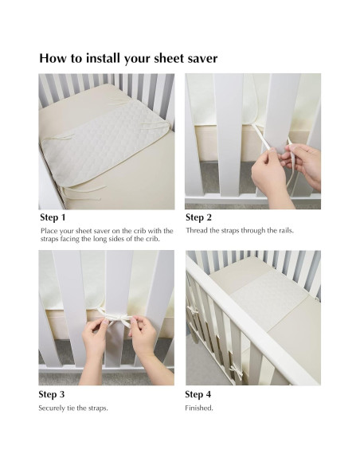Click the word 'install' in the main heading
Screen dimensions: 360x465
[104, 58]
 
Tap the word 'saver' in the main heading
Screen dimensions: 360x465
[202, 58]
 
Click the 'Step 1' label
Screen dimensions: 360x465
[53, 217]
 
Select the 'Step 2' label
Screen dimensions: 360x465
[198, 217]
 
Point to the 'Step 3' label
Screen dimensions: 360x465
[51, 394]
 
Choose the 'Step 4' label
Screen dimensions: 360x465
[198, 394]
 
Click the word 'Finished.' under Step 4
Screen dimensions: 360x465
[199, 408]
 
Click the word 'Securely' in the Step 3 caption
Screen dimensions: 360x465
[52, 408]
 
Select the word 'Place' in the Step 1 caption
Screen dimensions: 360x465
[49, 231]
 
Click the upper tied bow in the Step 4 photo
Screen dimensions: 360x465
[194, 311]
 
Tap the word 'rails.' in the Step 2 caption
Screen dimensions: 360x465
[286, 230]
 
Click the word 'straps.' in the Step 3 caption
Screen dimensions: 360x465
[98, 408]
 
